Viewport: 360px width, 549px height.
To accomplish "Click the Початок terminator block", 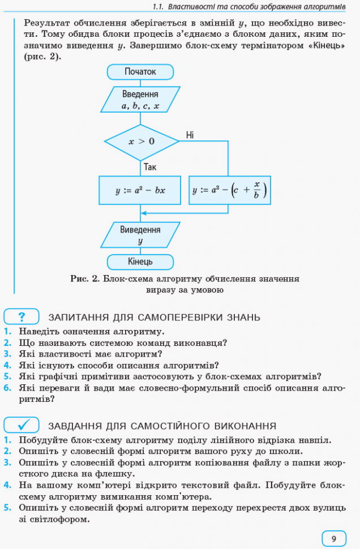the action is click(x=140, y=72).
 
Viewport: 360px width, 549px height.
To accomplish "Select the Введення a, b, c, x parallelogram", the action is click(x=140, y=100).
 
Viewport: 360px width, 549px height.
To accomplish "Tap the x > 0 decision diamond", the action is click(x=142, y=141).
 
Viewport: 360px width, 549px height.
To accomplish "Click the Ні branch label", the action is click(x=190, y=135).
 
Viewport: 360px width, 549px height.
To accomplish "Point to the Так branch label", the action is click(x=150, y=167).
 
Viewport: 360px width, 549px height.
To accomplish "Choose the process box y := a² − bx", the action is click(x=140, y=191).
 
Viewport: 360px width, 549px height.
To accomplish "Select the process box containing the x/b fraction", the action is click(x=230, y=191).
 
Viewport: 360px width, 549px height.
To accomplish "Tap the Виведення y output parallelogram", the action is click(x=140, y=235).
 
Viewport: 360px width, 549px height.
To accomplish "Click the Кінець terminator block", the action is click(x=140, y=262).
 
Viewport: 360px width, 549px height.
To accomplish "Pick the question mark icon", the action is click(x=22, y=317).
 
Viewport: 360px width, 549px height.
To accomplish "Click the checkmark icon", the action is click(x=22, y=426).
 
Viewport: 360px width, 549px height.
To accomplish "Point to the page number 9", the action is click(x=334, y=538).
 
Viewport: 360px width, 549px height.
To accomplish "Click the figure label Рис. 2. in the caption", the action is click(x=85, y=279).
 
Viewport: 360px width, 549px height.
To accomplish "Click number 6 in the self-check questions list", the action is click(x=8, y=388).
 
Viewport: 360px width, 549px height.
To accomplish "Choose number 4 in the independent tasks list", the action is click(x=8, y=485).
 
